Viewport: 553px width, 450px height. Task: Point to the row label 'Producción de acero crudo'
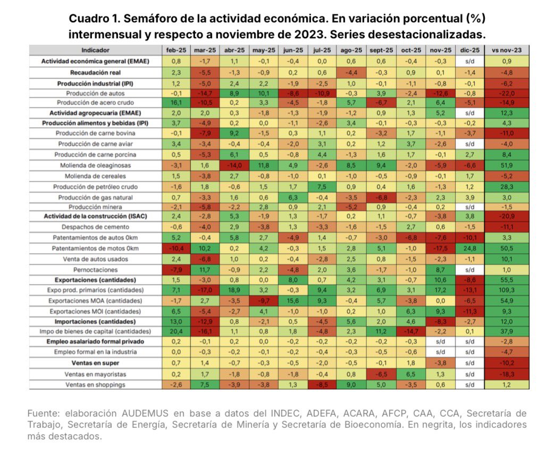pyautogui.click(x=96, y=103)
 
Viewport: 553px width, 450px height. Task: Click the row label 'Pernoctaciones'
pyautogui.click(x=96, y=270)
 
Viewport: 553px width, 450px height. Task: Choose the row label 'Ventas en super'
pyautogui.click(x=96, y=363)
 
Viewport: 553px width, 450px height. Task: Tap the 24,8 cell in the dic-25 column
pyautogui.click(x=469, y=248)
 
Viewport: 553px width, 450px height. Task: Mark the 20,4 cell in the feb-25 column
pyautogui.click(x=175, y=331)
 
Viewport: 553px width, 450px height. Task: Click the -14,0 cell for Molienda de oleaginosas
pyautogui.click(x=234, y=165)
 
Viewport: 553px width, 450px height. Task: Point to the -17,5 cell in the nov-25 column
pyautogui.click(x=440, y=248)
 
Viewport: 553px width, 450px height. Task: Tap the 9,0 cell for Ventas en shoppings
pyautogui.click(x=351, y=385)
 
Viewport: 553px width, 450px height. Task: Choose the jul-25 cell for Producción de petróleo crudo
pyautogui.click(x=322, y=187)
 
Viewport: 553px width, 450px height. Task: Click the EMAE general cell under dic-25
pyautogui.click(x=469, y=61)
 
